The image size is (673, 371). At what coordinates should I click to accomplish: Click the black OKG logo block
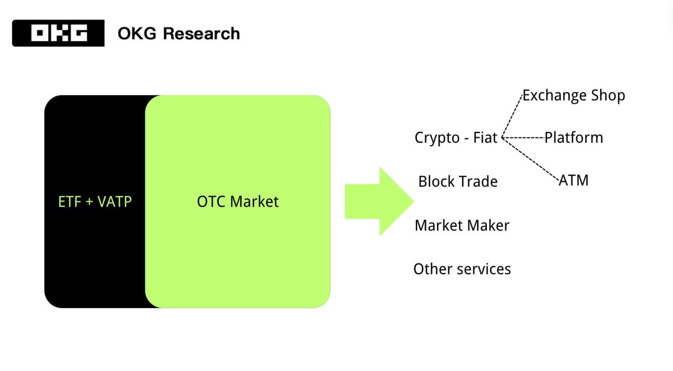[58, 33]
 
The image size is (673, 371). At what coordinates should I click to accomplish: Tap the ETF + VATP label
[95, 202]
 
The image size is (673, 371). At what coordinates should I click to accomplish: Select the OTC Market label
[238, 202]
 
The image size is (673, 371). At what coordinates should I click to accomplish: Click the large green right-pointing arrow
[379, 201]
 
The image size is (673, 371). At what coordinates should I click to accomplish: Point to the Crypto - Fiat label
[456, 138]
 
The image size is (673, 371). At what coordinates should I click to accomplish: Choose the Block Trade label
[458, 182]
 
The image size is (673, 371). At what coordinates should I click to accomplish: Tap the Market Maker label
[462, 225]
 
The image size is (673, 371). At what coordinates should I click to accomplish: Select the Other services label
[462, 269]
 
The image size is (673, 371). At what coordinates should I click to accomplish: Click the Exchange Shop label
[574, 96]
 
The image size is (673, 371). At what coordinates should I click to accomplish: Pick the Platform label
[574, 138]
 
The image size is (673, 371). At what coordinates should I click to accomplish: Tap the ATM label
[574, 180]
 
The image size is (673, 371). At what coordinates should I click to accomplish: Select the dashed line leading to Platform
[523, 138]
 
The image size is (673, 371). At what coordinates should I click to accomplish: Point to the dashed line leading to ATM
[531, 159]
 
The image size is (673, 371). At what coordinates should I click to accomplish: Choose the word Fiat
[484, 138]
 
